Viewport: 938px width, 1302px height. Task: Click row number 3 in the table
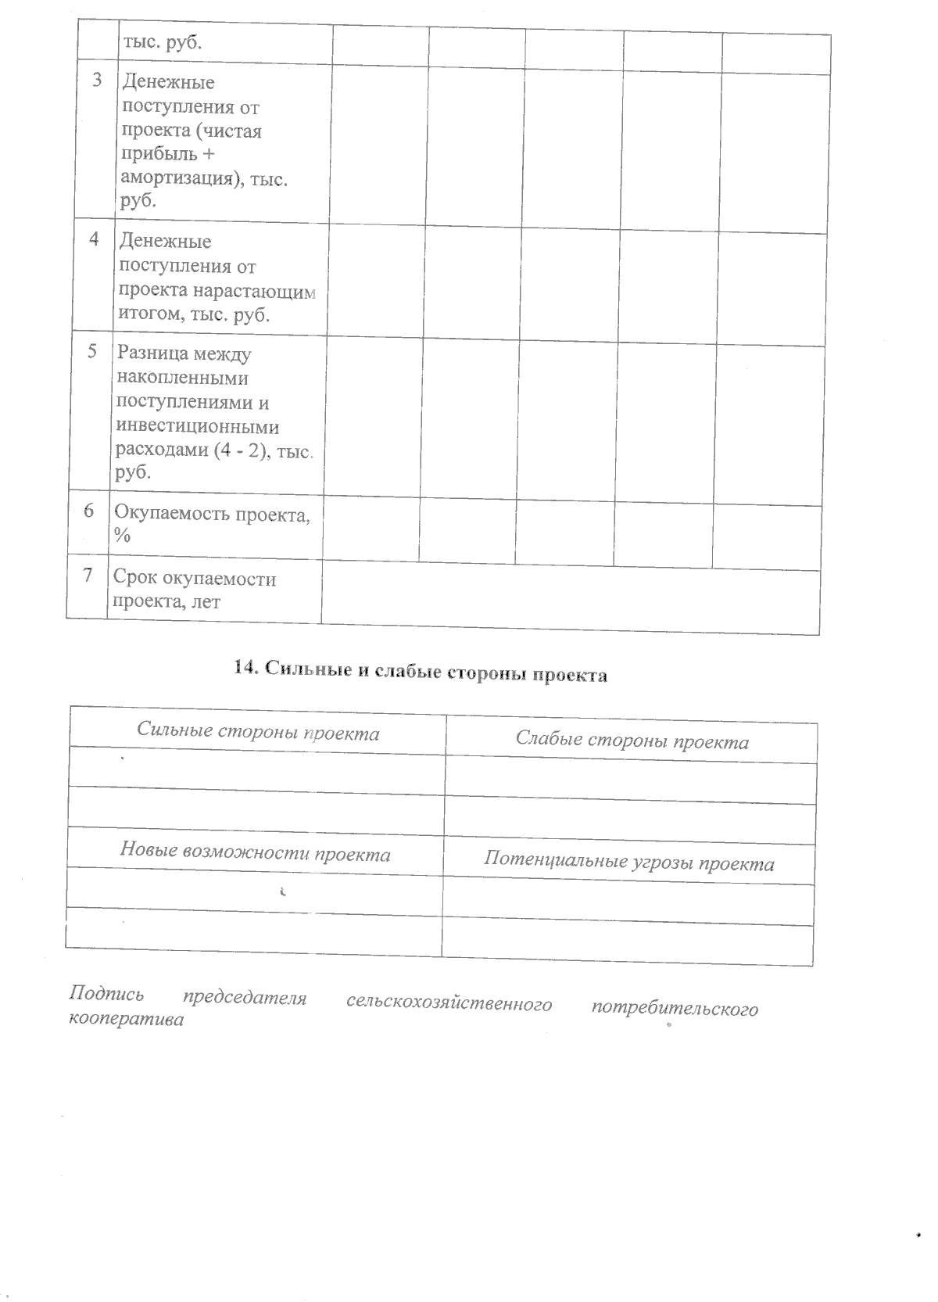(97, 81)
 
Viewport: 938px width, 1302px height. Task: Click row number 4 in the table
(95, 240)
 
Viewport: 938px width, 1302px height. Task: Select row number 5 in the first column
(92, 352)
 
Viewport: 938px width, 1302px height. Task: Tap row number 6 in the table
(90, 511)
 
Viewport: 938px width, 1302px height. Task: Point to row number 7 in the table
(88, 576)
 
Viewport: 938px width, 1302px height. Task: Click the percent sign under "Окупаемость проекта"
(122, 536)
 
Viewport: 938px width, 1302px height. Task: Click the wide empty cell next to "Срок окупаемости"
(570, 601)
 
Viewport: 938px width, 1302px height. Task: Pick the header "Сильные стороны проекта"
(258, 733)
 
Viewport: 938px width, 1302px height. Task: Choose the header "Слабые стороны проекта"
(632, 741)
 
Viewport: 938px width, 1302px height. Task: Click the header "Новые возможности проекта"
(255, 854)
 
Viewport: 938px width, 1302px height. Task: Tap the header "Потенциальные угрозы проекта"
(629, 863)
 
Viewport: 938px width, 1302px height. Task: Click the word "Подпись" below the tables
(107, 995)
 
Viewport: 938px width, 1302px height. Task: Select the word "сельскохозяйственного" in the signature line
(449, 1003)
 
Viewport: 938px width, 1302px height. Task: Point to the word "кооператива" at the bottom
(127, 1020)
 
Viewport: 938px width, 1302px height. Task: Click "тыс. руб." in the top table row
(162, 42)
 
